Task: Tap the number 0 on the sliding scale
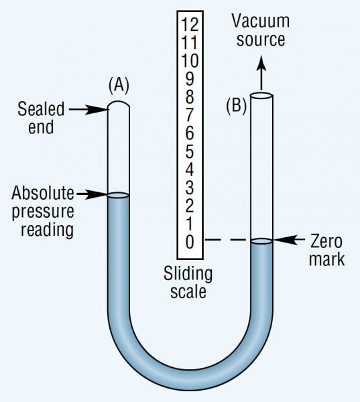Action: tap(190, 242)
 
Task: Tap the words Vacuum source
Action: tap(258, 29)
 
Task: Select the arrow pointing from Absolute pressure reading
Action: tap(93, 194)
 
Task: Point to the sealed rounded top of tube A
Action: tap(118, 106)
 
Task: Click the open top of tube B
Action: tap(261, 96)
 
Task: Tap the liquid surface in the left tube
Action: tap(118, 196)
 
